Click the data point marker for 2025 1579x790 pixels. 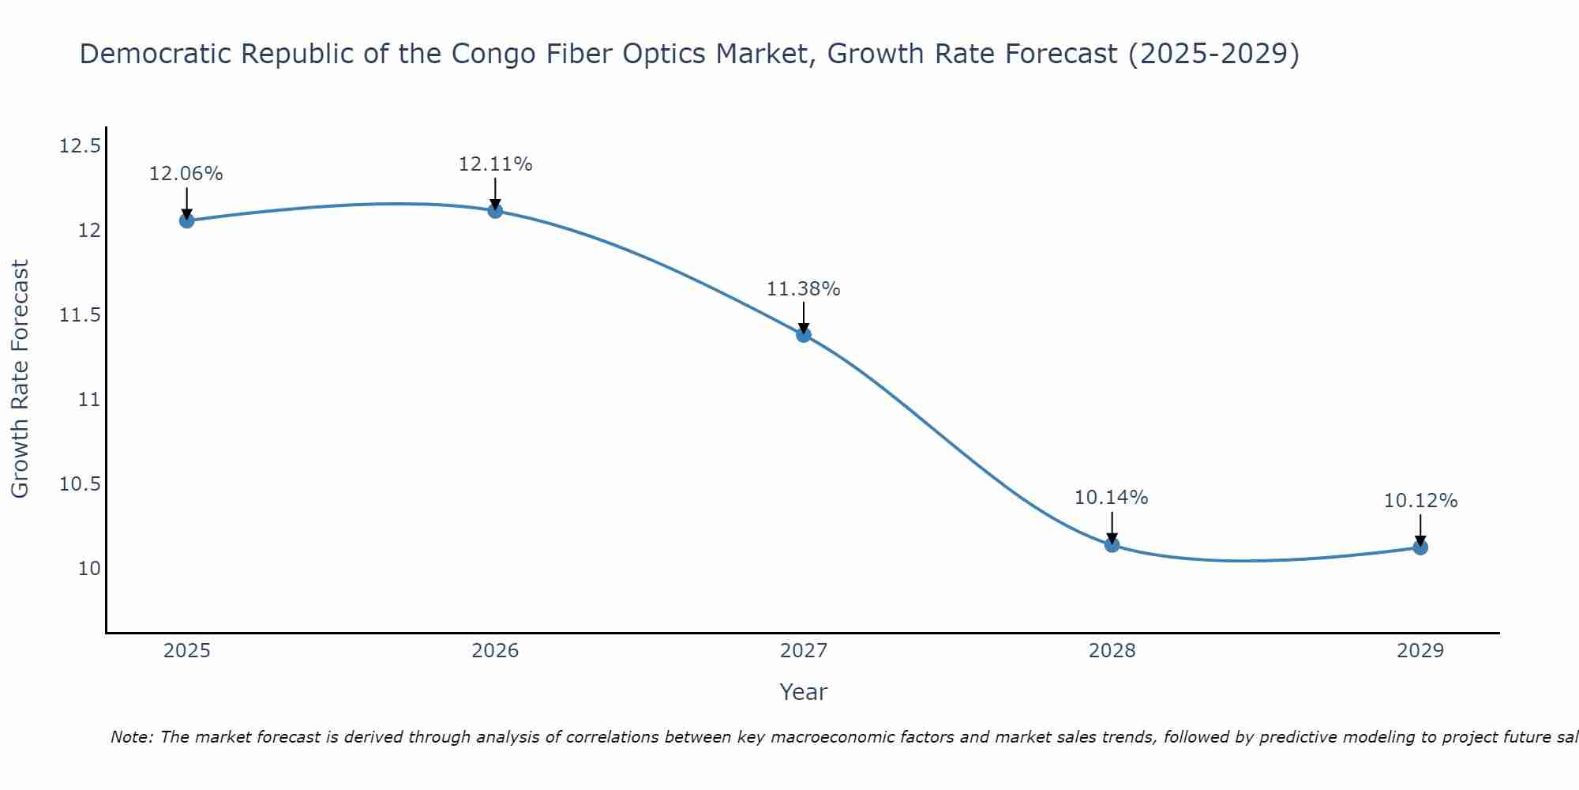point(186,220)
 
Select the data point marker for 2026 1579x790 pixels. point(495,210)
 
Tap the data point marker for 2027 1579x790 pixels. point(804,334)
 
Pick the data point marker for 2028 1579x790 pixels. point(1112,544)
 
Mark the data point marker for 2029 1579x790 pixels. point(1420,547)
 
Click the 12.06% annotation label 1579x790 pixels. point(186,174)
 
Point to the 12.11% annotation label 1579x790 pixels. point(495,164)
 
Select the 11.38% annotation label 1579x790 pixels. point(804,289)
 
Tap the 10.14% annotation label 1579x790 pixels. point(1112,498)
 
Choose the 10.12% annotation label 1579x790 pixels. point(1420,501)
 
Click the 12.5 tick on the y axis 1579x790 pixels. point(80,146)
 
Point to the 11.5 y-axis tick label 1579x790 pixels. point(80,315)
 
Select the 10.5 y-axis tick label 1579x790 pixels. point(80,484)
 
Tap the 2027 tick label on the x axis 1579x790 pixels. point(804,651)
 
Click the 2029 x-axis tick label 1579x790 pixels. point(1420,651)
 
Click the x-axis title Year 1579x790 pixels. point(803,692)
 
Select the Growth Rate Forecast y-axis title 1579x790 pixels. point(20,379)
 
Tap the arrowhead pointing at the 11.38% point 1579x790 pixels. point(804,328)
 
